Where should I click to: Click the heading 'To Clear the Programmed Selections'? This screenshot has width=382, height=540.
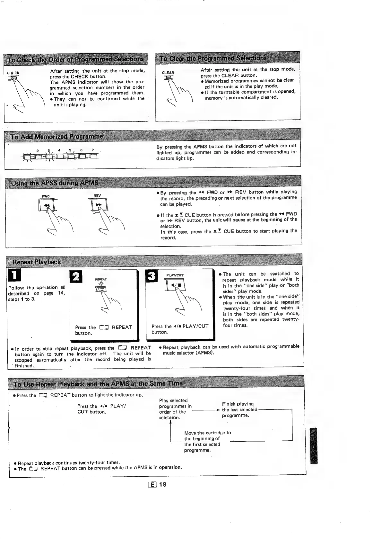(213, 58)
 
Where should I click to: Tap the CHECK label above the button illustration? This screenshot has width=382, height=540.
(13, 73)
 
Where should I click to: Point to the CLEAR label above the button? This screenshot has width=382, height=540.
(168, 73)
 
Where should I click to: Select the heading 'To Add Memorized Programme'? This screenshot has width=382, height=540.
(57, 137)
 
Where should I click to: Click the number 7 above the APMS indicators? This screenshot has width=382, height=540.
(92, 150)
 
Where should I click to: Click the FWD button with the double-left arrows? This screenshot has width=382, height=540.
(47, 205)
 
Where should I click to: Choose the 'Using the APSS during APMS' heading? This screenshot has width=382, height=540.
(55, 183)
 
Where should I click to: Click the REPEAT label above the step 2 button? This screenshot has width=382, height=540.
(101, 279)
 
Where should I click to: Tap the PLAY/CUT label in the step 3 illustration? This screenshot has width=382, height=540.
(175, 275)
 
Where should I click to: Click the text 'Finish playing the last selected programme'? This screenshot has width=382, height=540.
(239, 410)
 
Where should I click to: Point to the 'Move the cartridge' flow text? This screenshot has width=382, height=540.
(207, 441)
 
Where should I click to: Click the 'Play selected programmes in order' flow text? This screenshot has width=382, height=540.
(175, 409)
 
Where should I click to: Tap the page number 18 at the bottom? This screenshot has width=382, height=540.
(163, 484)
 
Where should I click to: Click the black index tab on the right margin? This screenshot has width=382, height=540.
(314, 446)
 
